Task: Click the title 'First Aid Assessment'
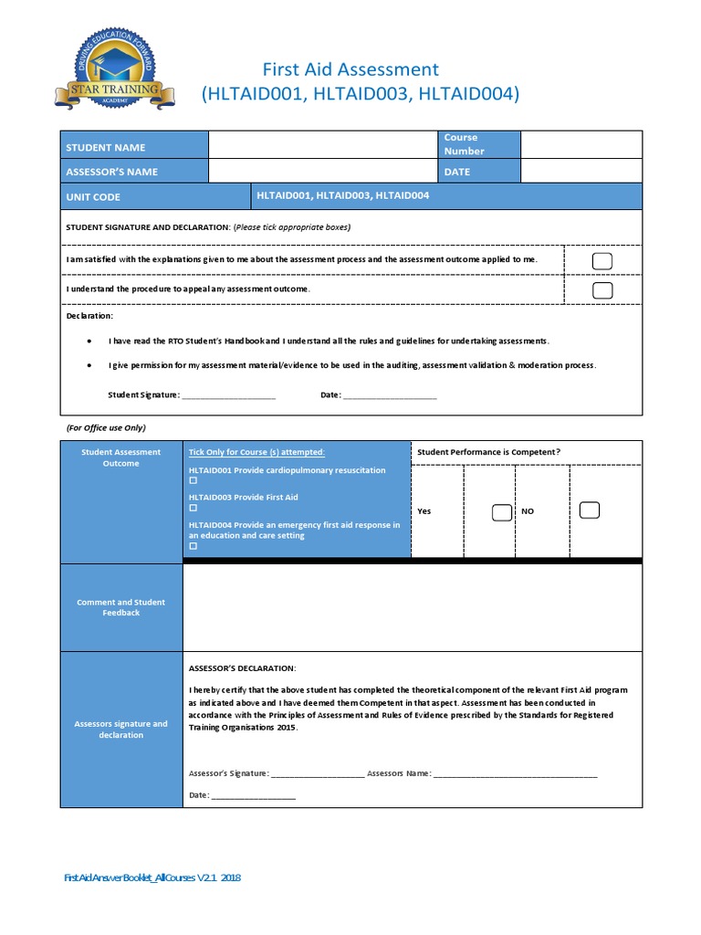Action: click(x=350, y=69)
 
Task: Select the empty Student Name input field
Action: click(x=322, y=144)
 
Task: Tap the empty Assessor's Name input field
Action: click(x=322, y=171)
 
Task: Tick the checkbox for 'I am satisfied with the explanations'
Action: click(x=602, y=262)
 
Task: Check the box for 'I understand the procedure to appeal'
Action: click(x=602, y=290)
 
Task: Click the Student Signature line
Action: click(x=228, y=396)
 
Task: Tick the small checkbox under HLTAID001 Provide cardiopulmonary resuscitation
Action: click(x=193, y=480)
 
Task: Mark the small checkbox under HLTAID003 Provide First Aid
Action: click(x=193, y=508)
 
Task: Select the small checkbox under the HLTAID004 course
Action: click(x=193, y=546)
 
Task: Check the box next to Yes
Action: click(x=501, y=512)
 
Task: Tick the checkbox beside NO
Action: click(x=589, y=510)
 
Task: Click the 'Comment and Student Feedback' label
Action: click(x=121, y=607)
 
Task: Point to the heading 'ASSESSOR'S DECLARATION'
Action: click(x=242, y=667)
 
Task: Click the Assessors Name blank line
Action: click(x=515, y=775)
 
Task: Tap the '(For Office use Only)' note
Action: click(x=106, y=427)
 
